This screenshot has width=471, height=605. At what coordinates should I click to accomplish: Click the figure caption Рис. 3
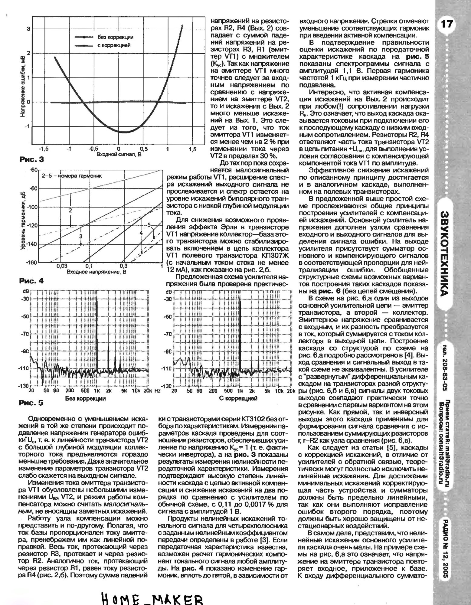click(x=32, y=159)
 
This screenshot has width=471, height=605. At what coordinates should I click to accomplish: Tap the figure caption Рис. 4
click(x=31, y=281)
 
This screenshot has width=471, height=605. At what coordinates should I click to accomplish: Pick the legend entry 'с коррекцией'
click(x=114, y=45)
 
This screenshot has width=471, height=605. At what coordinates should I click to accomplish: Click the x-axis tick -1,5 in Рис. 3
click(x=44, y=149)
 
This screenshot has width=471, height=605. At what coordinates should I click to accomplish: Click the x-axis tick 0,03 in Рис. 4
click(x=62, y=266)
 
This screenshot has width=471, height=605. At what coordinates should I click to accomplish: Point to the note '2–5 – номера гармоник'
click(x=70, y=175)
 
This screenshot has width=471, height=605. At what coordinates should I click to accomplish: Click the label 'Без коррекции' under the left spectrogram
click(x=86, y=398)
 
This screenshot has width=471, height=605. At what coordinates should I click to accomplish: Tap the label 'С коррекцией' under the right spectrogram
click(x=238, y=398)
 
